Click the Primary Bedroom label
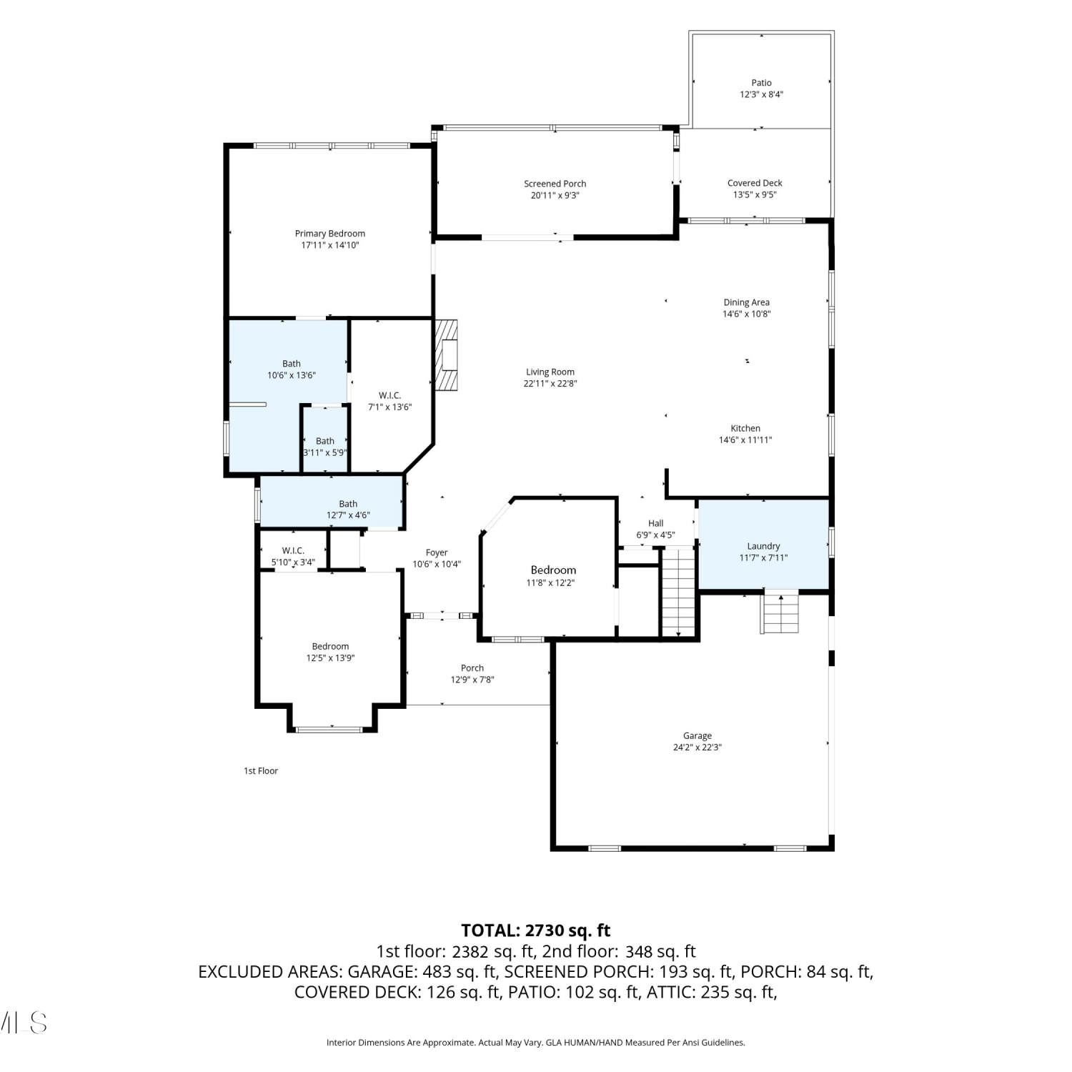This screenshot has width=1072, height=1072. coord(330,234)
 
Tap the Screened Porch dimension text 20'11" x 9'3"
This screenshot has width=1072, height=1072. coord(555,195)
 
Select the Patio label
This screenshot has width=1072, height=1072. coord(762,83)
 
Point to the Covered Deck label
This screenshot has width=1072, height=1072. coord(755,183)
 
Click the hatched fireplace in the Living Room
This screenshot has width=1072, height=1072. coord(448,355)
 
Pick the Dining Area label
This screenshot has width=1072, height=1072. coord(747,302)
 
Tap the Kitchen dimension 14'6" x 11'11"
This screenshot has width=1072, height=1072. coord(745,440)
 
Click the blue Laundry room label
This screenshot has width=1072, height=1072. coord(763,546)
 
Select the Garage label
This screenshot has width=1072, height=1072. coord(698,735)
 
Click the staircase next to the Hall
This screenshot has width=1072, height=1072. coord(678,592)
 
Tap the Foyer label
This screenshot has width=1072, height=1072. coord(437,552)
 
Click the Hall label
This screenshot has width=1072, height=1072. coord(656,523)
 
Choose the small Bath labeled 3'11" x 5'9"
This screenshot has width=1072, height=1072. coord(325,441)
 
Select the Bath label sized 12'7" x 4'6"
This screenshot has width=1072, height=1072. coord(348,504)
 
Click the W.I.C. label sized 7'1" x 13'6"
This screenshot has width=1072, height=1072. coord(390,395)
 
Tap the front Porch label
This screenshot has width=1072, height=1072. coord(472,668)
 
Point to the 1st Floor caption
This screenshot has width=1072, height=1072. coord(261,770)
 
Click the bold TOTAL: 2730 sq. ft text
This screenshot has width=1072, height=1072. coord(536,930)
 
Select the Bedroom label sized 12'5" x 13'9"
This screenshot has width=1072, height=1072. coord(330,646)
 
